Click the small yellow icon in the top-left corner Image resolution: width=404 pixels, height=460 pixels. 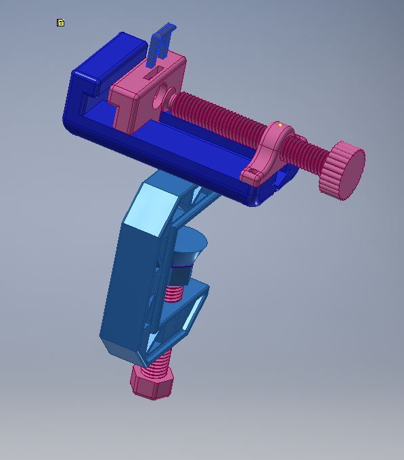[x=60, y=23]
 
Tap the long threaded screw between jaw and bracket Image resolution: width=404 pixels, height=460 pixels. [x=217, y=118]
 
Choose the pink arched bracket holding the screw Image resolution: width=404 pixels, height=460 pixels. [x=271, y=149]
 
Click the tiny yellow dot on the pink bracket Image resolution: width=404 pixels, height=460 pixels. [x=279, y=125]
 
